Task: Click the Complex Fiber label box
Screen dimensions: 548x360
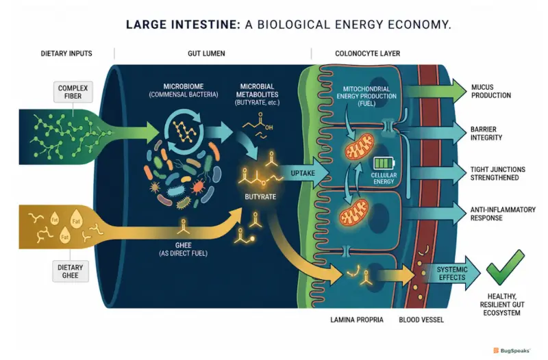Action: [x=73, y=92]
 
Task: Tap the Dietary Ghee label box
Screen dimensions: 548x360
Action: [x=71, y=271]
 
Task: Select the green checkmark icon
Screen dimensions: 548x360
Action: [x=506, y=267]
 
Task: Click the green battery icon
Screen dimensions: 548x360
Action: [x=384, y=163]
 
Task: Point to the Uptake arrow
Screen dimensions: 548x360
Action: [x=303, y=173]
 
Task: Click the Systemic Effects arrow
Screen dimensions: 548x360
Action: [x=451, y=273]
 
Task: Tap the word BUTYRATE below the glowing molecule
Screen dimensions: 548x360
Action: [x=260, y=196]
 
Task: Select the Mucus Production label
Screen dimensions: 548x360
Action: [x=490, y=91]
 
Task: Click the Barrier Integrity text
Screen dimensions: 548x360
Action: [x=486, y=133]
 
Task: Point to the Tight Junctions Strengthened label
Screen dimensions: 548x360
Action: [x=498, y=174]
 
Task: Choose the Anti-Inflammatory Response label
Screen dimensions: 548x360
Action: [x=503, y=214]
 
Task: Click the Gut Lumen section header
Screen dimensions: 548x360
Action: [x=206, y=53]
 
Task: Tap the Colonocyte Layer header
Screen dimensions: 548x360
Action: [x=368, y=53]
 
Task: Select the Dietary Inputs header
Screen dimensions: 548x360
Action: [x=66, y=53]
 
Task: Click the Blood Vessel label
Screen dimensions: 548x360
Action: [x=421, y=320]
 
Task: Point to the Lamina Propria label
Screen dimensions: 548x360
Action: [x=357, y=320]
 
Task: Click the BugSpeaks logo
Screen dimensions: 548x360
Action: [x=512, y=350]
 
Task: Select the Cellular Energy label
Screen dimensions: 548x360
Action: [x=384, y=178]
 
